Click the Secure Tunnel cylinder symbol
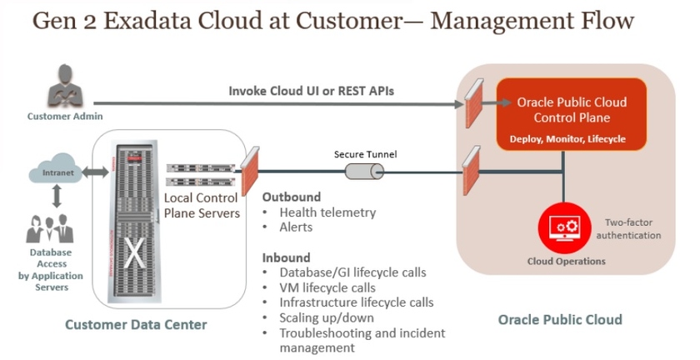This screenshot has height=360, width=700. pos(364,171)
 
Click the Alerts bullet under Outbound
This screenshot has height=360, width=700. pos(295,227)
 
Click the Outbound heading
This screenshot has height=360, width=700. pos(292,197)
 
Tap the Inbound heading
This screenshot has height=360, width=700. pos(286,257)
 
